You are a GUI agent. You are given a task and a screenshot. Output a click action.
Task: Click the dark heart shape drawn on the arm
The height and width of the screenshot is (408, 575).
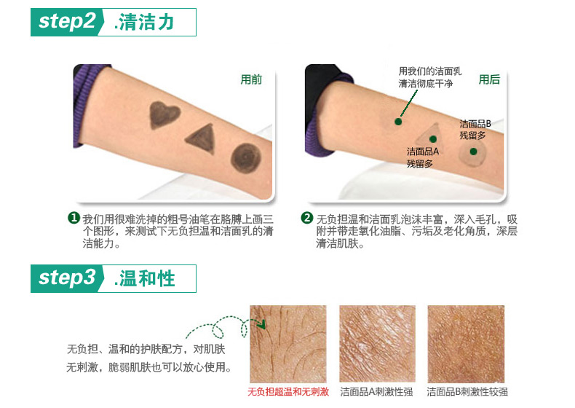point(164,114)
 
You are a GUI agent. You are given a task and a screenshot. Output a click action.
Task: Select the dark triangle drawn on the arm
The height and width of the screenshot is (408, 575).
point(202,138)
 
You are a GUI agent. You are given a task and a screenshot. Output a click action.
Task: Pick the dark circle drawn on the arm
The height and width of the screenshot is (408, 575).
point(246,158)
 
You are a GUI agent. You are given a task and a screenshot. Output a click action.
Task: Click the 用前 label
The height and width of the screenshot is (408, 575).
point(251,79)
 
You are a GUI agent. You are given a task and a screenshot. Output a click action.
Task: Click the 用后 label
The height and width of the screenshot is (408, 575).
point(489,79)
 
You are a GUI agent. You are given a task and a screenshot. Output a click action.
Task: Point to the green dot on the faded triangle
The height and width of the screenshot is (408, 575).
point(433,139)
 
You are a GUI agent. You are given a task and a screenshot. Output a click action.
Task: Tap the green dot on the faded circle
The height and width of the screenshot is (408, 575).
point(473,152)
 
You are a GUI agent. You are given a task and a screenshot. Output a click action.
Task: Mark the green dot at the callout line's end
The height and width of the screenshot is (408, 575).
point(398,122)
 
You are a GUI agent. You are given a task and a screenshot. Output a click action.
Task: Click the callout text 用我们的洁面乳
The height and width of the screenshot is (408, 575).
point(429,71)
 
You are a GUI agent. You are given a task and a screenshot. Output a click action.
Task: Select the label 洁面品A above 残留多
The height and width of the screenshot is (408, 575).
point(422,152)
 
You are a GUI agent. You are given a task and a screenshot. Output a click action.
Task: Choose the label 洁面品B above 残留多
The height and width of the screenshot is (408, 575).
point(475,124)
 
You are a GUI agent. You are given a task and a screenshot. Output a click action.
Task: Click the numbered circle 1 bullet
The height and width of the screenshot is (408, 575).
point(74,218)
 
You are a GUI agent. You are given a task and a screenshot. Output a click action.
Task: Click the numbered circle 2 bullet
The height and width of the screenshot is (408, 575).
point(307,218)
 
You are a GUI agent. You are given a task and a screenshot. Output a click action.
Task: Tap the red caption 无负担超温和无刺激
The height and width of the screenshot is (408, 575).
point(288,392)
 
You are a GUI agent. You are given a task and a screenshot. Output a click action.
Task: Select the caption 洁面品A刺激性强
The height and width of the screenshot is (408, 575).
point(376,392)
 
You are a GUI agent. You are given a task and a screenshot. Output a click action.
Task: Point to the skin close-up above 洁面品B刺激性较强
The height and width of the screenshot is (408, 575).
point(466,344)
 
